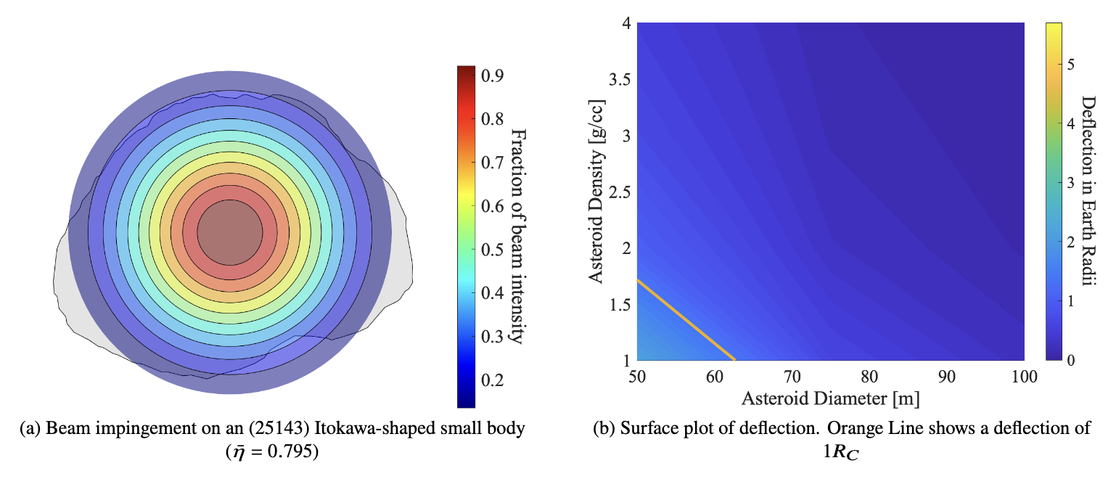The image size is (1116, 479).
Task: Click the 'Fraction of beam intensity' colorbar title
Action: click(x=518, y=236)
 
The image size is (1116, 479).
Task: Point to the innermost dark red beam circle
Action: click(x=230, y=233)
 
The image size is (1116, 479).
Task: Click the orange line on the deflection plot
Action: click(x=686, y=320)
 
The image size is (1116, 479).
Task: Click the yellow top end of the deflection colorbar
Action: click(x=1054, y=27)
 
